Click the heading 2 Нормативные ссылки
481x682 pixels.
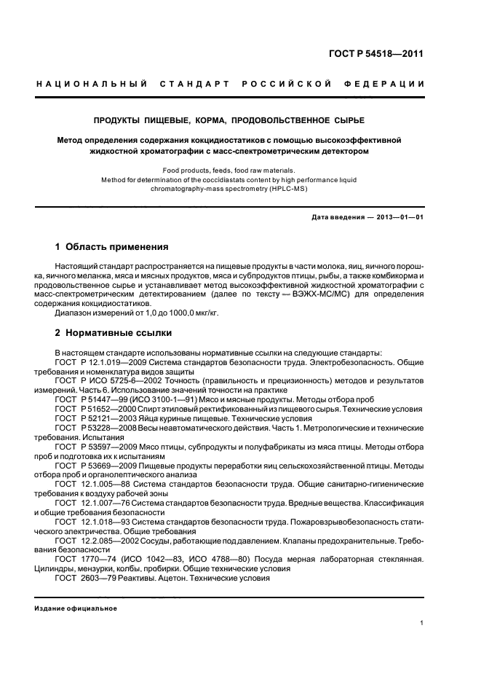click(114, 332)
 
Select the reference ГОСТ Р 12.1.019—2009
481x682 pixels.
click(99, 361)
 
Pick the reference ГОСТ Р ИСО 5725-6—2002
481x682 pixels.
click(106, 380)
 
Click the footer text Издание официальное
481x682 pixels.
click(76, 608)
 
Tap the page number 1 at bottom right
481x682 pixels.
click(422, 623)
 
